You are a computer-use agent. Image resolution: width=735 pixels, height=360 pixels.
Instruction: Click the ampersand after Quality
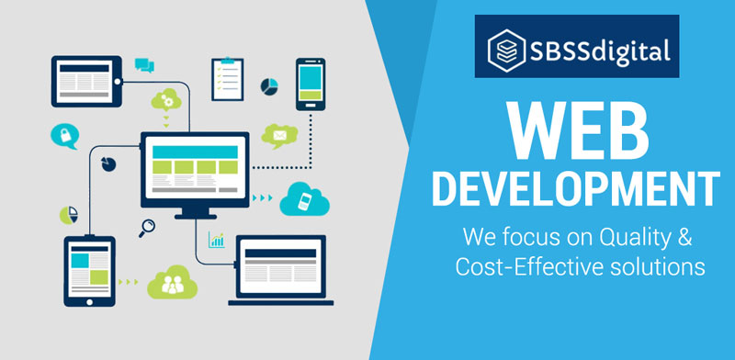(684, 239)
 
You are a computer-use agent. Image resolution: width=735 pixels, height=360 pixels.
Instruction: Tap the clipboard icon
(227, 79)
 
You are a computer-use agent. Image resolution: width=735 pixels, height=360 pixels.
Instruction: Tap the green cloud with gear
(168, 98)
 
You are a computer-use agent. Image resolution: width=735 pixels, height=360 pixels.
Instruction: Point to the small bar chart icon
(217, 240)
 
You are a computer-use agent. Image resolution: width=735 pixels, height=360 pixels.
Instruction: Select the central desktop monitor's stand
(194, 210)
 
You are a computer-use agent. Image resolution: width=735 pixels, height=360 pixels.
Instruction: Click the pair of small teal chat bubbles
(144, 63)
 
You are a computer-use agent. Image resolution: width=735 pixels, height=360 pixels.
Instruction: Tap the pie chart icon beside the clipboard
(270, 85)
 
